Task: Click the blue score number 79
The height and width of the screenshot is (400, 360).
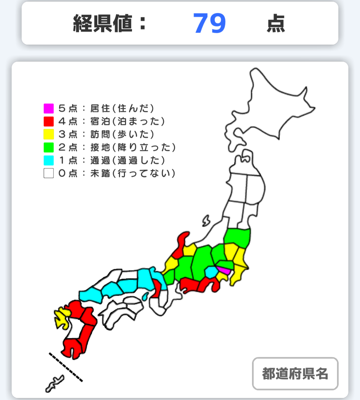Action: tap(209, 23)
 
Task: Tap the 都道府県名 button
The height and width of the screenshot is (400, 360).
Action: tap(295, 374)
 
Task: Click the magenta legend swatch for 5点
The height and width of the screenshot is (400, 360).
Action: tap(49, 108)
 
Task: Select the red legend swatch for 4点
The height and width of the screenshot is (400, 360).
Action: tap(49, 121)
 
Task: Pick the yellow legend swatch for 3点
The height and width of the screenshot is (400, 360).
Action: tap(49, 134)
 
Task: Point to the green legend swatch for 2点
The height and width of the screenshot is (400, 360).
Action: tap(49, 147)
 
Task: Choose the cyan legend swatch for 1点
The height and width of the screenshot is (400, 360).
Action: tap(49, 160)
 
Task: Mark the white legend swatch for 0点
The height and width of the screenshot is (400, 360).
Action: tap(49, 173)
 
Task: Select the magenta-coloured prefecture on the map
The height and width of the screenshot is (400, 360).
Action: tap(223, 270)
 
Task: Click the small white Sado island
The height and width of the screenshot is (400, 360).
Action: tap(206, 220)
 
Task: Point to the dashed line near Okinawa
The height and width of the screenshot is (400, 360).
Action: tap(66, 367)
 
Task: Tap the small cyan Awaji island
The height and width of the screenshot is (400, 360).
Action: tap(145, 296)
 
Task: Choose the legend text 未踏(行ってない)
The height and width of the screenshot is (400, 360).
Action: tap(133, 173)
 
